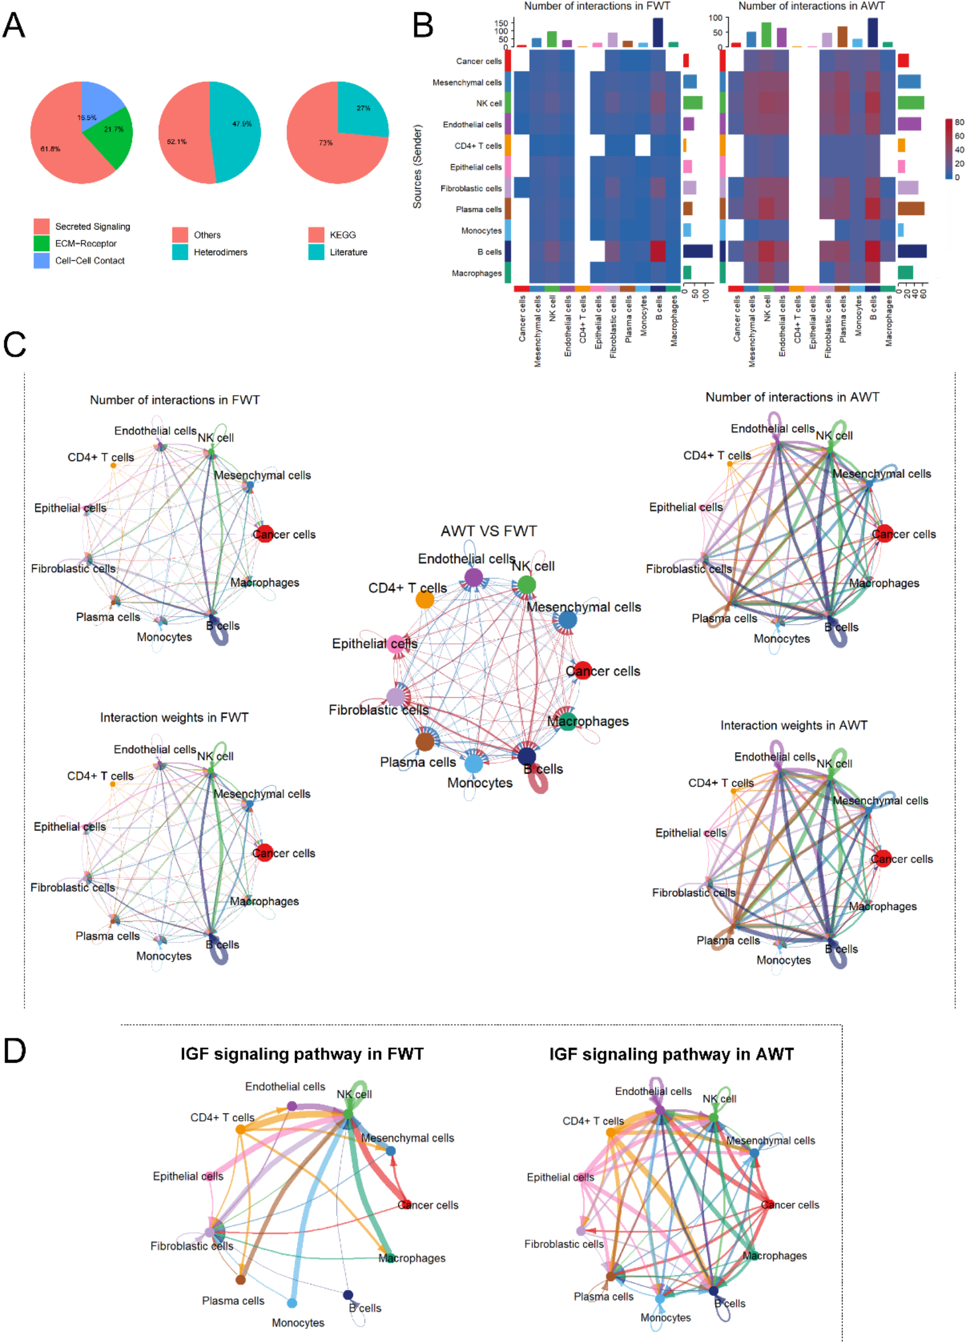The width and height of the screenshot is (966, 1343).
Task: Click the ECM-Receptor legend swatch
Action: pos(42,243)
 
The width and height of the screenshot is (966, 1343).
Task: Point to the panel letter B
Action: pos(423,26)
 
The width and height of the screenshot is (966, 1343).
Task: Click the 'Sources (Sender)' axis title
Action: pos(417,167)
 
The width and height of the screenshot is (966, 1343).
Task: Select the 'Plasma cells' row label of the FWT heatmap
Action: pos(478,210)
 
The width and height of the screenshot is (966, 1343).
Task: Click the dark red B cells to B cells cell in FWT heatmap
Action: pos(658,252)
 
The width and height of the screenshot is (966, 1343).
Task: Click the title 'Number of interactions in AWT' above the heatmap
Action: pos(811,6)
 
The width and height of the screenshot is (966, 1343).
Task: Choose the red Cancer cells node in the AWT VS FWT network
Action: pos(583,670)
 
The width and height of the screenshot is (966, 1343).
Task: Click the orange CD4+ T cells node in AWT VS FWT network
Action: pos(424,600)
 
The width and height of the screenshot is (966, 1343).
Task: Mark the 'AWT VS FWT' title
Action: pos(488,531)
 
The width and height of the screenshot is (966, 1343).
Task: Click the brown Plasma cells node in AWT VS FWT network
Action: pos(424,741)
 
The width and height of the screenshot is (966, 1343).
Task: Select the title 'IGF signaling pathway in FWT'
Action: pos(302,1054)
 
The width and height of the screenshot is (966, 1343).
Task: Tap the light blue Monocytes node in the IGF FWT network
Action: pos(292,1303)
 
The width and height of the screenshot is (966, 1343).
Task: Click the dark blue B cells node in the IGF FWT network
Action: pos(348,1295)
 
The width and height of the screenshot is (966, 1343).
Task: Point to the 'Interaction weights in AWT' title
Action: pos(794,725)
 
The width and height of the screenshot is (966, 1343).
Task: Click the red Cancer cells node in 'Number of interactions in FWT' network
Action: pos(265,534)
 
